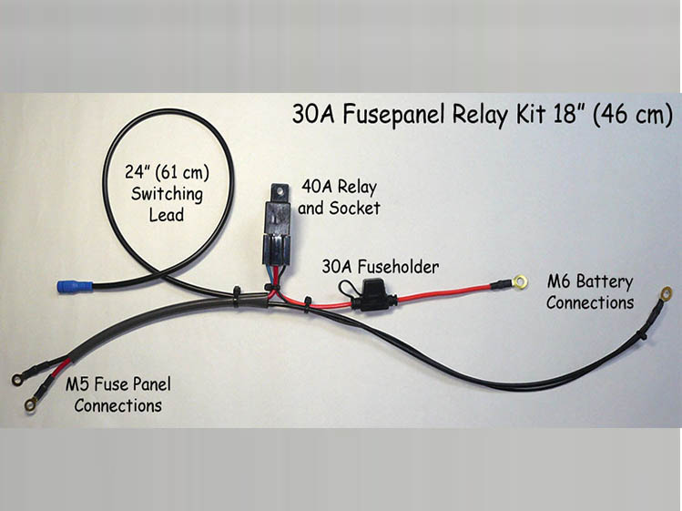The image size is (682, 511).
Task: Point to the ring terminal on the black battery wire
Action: click(x=667, y=293)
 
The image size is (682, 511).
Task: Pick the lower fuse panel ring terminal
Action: click(x=31, y=399)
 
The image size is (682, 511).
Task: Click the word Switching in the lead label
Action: click(x=167, y=193)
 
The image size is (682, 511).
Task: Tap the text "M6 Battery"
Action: click(x=590, y=281)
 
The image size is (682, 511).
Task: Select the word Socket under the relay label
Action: click(x=356, y=209)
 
